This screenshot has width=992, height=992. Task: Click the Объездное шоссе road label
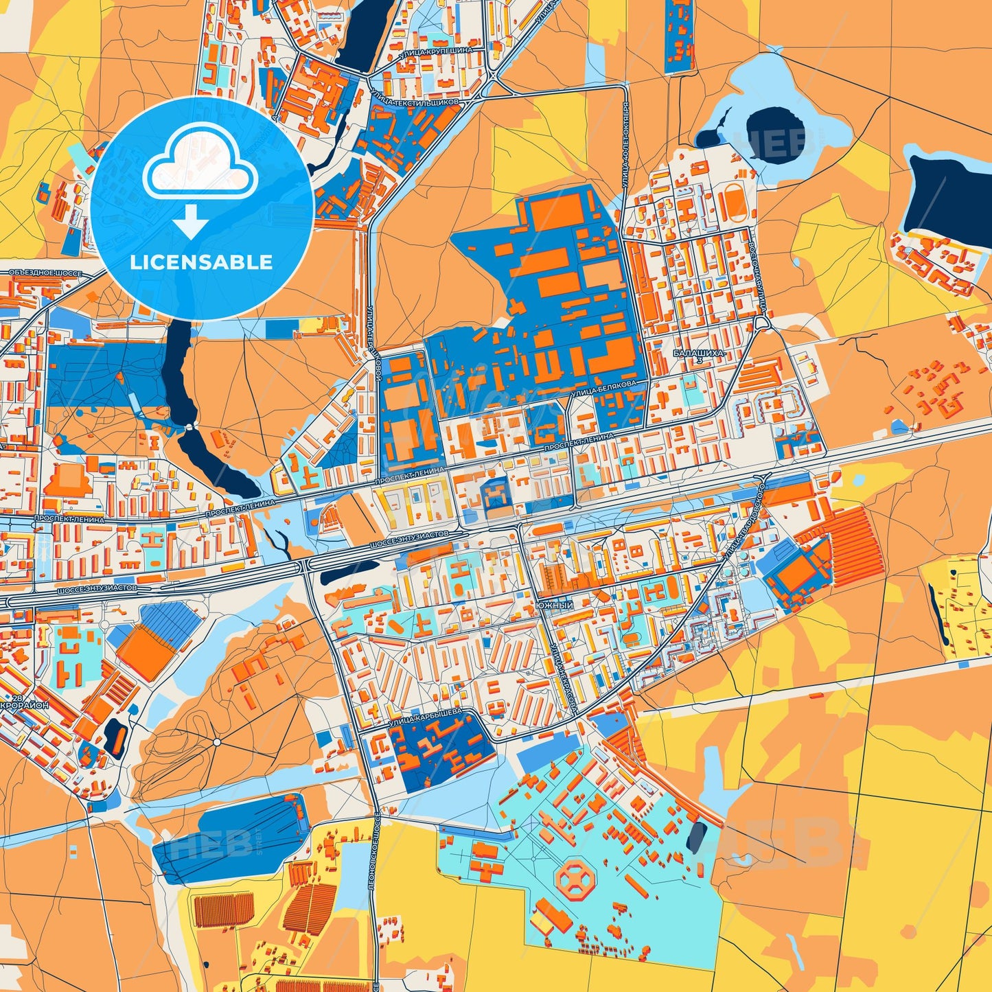[45, 273]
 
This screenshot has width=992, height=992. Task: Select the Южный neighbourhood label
[557, 605]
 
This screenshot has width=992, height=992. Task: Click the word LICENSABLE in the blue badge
[202, 262]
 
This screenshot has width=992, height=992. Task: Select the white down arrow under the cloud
[190, 221]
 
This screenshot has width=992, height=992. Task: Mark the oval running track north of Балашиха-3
[734, 205]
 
